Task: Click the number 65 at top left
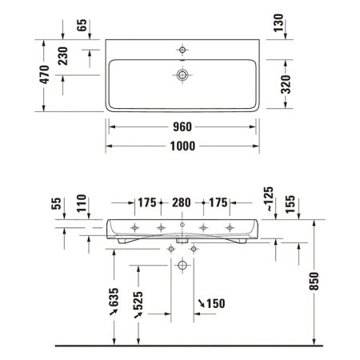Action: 82,25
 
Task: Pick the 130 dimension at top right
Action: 278,25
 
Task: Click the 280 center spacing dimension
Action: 181,202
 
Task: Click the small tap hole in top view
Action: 183,51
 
